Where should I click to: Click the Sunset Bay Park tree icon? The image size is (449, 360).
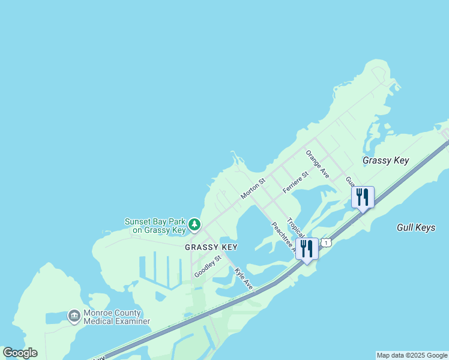tap(194, 224)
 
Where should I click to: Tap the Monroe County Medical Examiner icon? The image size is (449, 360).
tap(74, 316)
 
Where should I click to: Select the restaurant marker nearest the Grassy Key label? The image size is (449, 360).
tap(363, 197)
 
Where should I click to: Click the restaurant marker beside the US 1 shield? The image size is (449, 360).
tap(307, 248)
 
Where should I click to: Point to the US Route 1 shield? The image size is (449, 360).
tap(326, 242)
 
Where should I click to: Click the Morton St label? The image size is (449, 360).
tap(253, 188)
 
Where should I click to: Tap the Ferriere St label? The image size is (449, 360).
tap(295, 182)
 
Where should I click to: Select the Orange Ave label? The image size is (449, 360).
tap(318, 164)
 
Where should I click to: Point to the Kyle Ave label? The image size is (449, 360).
tap(244, 277)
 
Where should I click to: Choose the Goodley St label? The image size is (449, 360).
tap(208, 266)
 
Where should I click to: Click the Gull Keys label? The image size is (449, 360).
tap(416, 227)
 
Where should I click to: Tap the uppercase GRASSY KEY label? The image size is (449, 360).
tap(211, 247)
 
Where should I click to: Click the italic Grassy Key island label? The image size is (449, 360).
tap(385, 160)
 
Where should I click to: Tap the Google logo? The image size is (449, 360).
tap(20, 353)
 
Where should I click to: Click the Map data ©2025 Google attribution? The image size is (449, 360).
tap(412, 355)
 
